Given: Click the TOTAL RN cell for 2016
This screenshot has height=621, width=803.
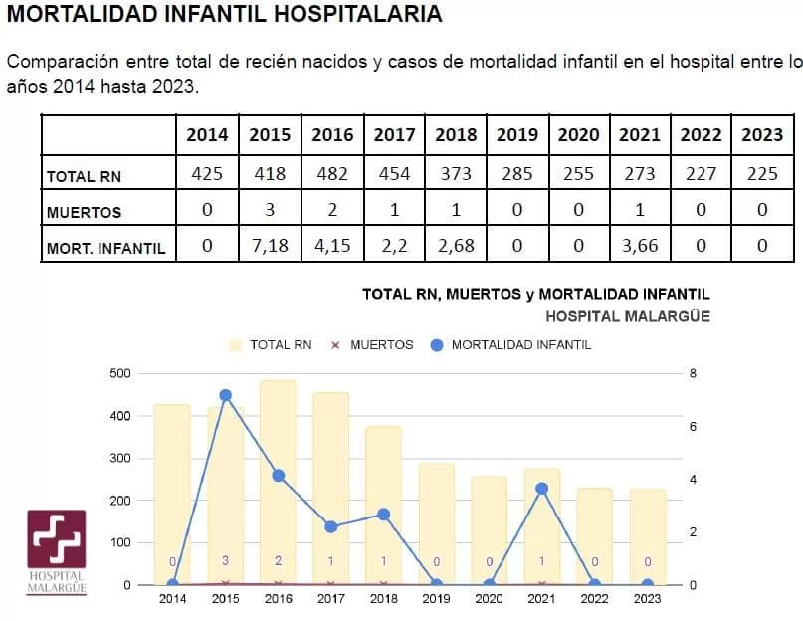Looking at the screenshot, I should tap(332, 174).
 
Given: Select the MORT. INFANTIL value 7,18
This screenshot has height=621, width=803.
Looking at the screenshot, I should tap(270, 245).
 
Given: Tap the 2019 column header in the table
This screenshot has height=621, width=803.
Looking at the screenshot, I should tap(516, 135).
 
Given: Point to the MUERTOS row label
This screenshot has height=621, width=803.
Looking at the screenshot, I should tap(84, 212).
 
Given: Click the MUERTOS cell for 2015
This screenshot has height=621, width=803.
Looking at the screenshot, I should tap(270, 210).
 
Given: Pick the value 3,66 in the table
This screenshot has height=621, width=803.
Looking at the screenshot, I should tap(639, 245).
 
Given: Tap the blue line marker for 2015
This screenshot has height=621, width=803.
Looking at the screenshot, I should tap(226, 395).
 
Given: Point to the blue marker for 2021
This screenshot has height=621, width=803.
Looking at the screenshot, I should tap(542, 489).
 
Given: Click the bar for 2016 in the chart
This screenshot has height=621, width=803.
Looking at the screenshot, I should tap(279, 482).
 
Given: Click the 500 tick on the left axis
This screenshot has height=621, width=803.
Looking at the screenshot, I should tap(119, 374).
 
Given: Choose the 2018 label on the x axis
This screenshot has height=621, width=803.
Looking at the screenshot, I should tap(384, 599).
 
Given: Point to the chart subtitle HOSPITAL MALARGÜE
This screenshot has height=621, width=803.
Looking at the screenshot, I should tap(628, 316).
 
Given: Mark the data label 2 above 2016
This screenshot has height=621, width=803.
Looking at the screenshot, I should tap(279, 561).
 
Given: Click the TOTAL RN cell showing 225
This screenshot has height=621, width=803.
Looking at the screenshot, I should tap(762, 174).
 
